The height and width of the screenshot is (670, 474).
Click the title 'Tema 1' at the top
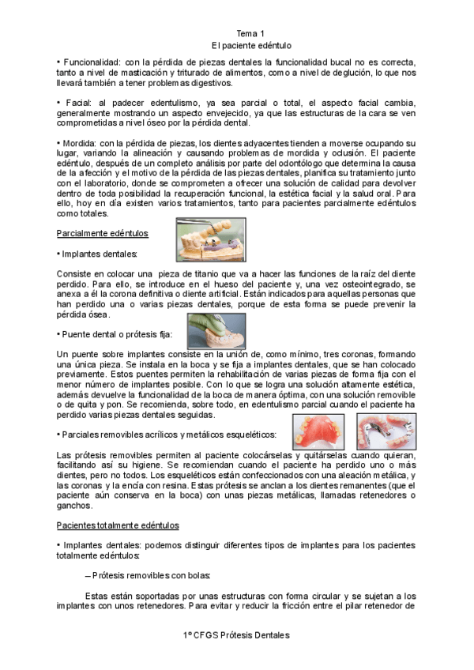click(x=251, y=34)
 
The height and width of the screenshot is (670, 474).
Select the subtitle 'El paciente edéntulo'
click(x=251, y=46)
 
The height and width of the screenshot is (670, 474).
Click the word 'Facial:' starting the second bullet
click(x=77, y=103)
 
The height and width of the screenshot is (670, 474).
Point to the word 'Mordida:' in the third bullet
click(x=81, y=144)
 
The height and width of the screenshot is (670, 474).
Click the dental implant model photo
click(x=210, y=239)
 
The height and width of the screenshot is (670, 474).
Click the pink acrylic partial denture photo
click(x=318, y=431)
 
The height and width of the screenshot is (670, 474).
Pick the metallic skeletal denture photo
click(x=386, y=431)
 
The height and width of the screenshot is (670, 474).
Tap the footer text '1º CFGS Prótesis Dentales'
click(x=236, y=635)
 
